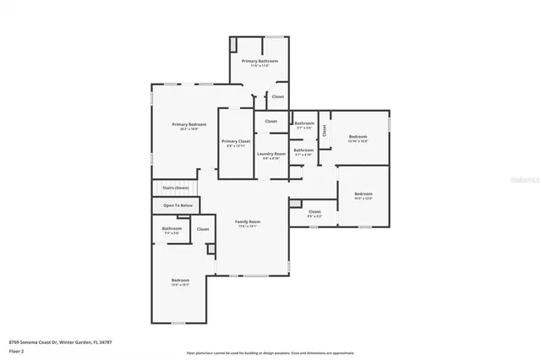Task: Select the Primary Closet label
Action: click(x=236, y=141)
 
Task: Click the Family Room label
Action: click(x=248, y=221)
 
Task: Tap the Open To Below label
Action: click(x=178, y=205)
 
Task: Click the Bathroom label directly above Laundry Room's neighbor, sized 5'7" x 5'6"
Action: click(x=304, y=123)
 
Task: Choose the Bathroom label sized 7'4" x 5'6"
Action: click(x=172, y=228)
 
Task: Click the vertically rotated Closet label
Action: click(x=324, y=130)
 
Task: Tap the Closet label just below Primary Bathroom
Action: click(x=277, y=96)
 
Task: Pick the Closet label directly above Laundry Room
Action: click(x=270, y=121)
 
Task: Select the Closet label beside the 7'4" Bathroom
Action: click(x=203, y=229)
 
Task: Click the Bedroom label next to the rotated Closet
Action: click(x=358, y=136)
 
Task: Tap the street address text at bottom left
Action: click(x=60, y=342)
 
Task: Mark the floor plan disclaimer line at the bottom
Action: click(x=270, y=352)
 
